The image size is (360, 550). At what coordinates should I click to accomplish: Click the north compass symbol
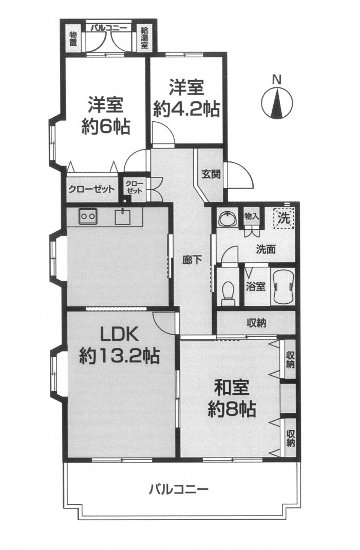point(277,101)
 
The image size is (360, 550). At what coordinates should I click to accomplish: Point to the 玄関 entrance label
point(211,174)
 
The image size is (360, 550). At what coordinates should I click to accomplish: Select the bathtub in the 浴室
point(283,287)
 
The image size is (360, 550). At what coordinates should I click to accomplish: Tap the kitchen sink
point(124,217)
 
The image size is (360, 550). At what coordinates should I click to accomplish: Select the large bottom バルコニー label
point(179,489)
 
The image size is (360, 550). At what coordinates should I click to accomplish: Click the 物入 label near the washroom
point(251,215)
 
